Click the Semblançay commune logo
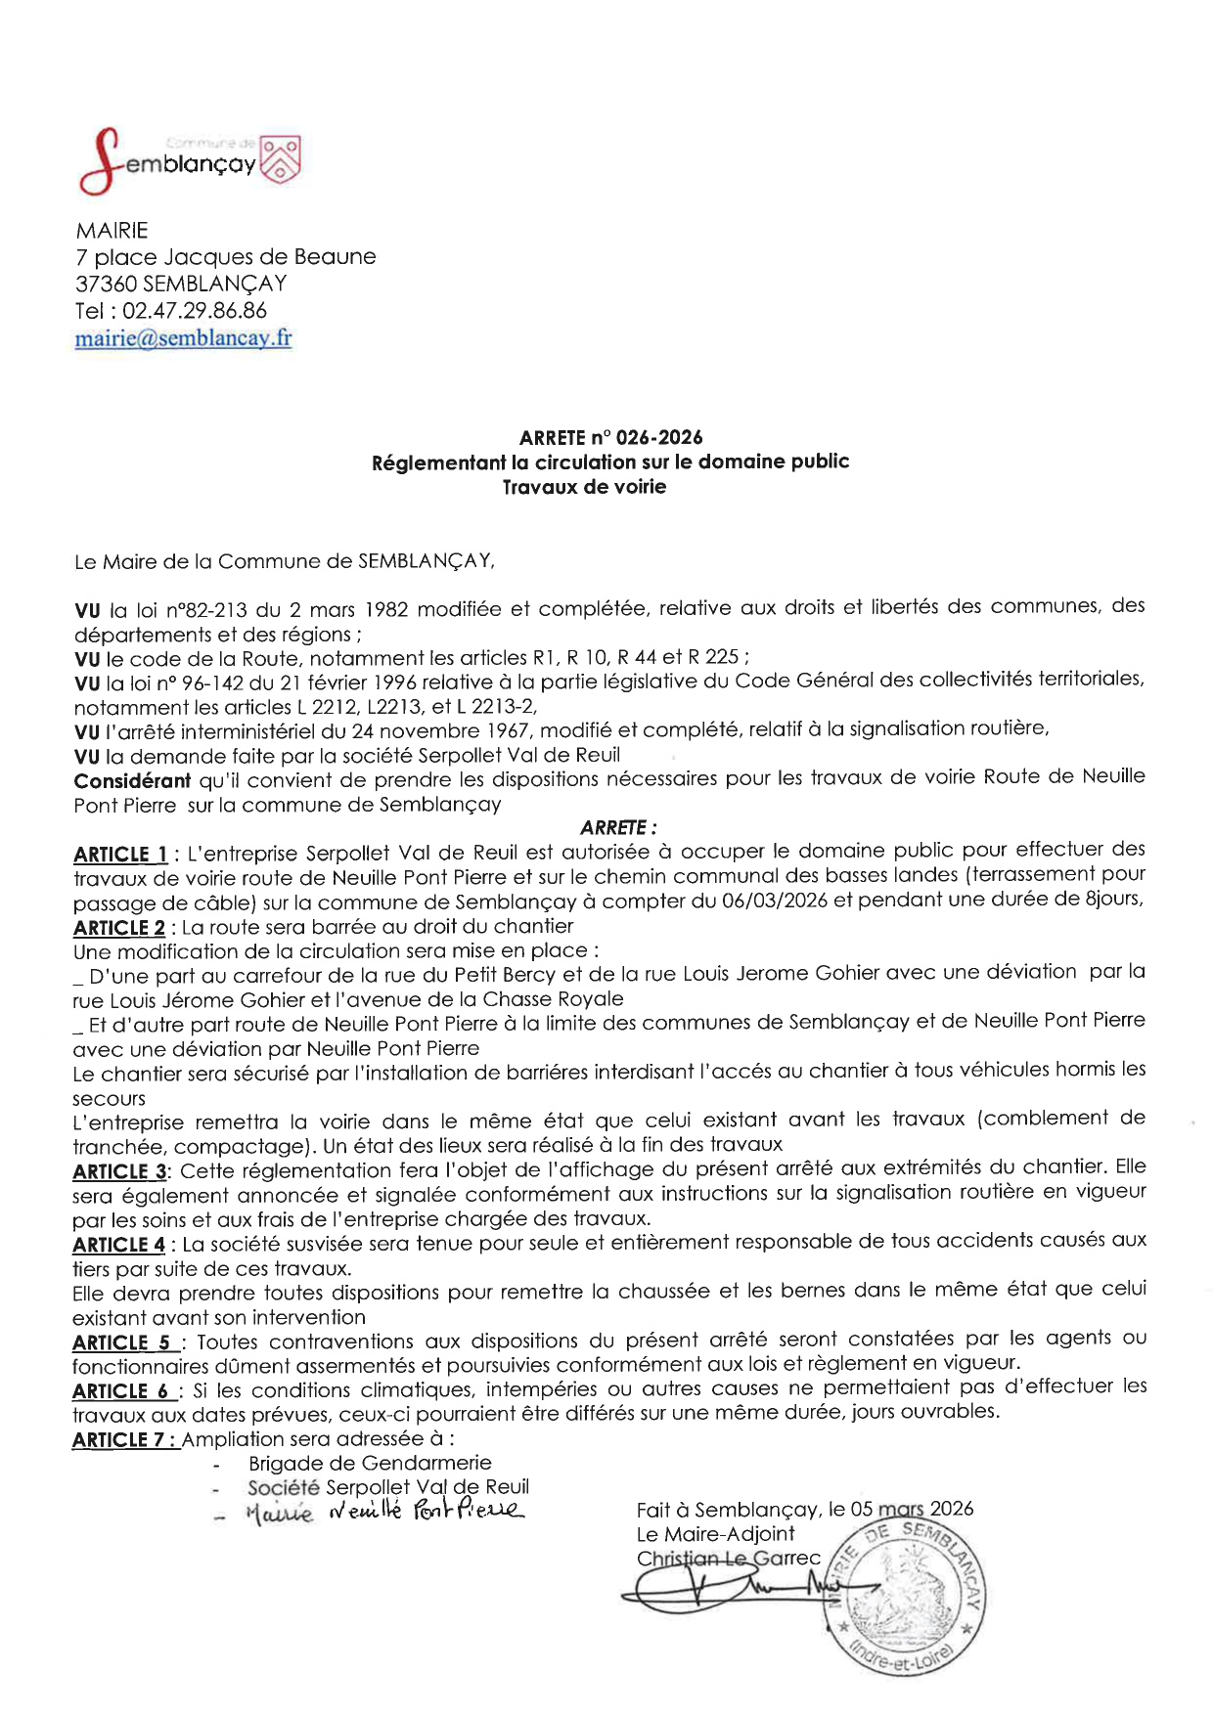click(x=189, y=161)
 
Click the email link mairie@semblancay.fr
click(x=183, y=338)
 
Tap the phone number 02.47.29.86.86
click(x=194, y=311)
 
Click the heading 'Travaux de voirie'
click(x=584, y=487)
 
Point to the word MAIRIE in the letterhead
click(x=112, y=231)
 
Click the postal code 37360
click(x=106, y=284)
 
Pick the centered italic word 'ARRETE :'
click(x=618, y=827)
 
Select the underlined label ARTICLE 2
click(x=118, y=927)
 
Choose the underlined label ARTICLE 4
click(x=118, y=1244)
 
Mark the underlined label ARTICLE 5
click(x=121, y=1341)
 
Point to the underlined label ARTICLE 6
click(x=120, y=1389)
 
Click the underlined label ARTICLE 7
click(x=124, y=1439)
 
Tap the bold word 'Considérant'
click(x=132, y=780)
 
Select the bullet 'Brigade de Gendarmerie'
click(x=370, y=1463)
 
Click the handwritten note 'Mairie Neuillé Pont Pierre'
click(x=385, y=1512)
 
